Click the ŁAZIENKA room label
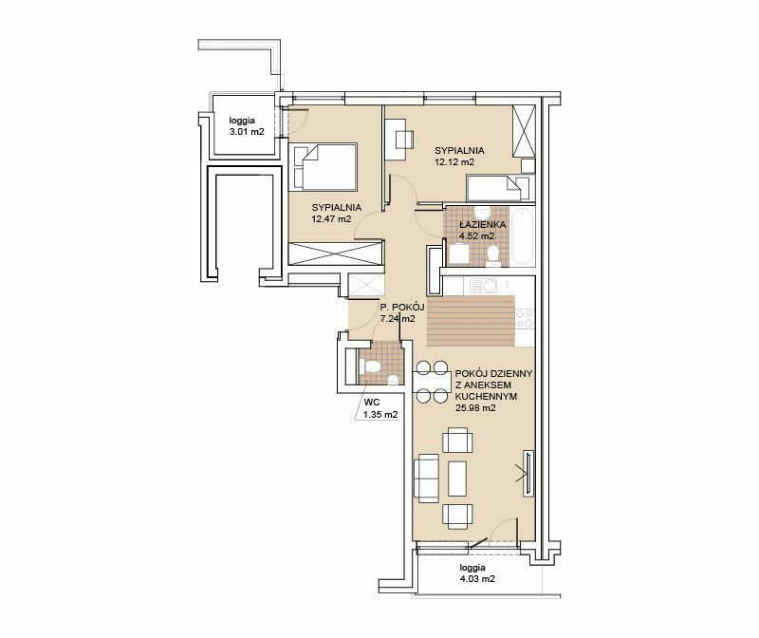pyautogui.click(x=483, y=225)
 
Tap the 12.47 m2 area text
pyautogui.click(x=331, y=219)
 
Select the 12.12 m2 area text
pyautogui.click(x=454, y=161)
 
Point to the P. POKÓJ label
pyautogui.click(x=402, y=307)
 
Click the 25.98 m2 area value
pyautogui.click(x=475, y=408)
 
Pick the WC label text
pyautogui.click(x=371, y=403)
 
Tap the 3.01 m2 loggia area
pyautogui.click(x=247, y=131)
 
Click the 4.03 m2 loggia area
pyautogui.click(x=477, y=578)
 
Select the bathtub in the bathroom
pyautogui.click(x=522, y=236)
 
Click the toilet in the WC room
pyautogui.click(x=370, y=366)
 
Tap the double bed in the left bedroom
pyautogui.click(x=323, y=167)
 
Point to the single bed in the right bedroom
pyautogui.click(x=499, y=188)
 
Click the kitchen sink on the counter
pyautogui.click(x=483, y=286)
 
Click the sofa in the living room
pyautogui.click(x=426, y=478)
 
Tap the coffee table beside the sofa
pyautogui.click(x=457, y=478)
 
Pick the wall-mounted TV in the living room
pyautogui.click(x=528, y=474)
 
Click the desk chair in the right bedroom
pyautogui.click(x=405, y=140)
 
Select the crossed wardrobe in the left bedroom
pyautogui.click(x=335, y=253)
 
